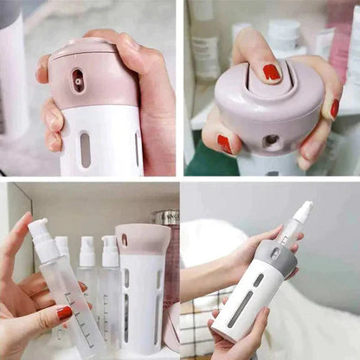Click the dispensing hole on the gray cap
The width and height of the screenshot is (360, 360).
(x=274, y=254)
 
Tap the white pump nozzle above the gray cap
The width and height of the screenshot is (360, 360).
(x=301, y=213)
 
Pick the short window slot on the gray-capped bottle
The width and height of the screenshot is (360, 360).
(x=258, y=280)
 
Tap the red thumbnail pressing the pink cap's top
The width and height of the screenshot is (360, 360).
(x=272, y=72)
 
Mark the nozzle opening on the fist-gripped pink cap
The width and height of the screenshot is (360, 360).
(x=79, y=80)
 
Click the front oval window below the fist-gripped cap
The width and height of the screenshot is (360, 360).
(x=85, y=148)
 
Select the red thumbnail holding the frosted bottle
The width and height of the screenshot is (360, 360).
(x=65, y=313)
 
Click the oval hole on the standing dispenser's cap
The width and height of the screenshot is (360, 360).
(x=124, y=241)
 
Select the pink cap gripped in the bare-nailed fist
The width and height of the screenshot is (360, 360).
(x=82, y=74)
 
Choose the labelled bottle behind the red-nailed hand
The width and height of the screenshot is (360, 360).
(x=206, y=54)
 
